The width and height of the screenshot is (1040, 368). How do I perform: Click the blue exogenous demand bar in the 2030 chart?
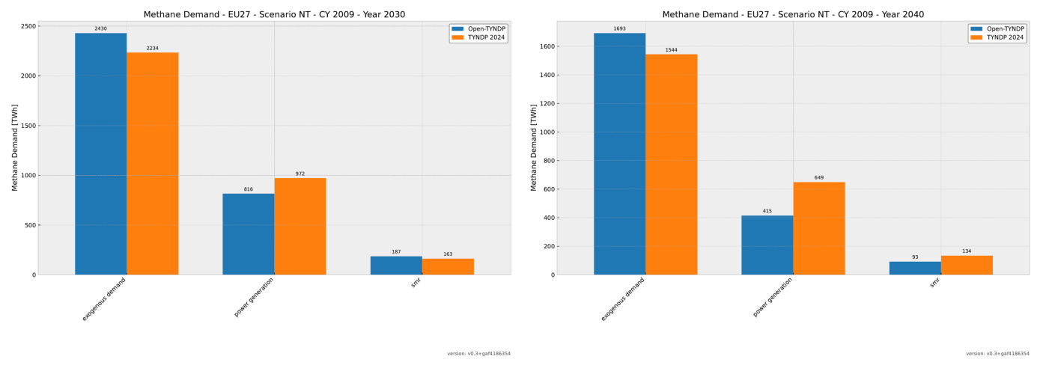tap(100, 153)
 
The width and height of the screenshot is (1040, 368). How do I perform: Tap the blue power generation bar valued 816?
tap(248, 234)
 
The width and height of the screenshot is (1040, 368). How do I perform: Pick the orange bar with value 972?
tap(299, 226)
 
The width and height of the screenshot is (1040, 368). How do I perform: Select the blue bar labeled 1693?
tap(619, 153)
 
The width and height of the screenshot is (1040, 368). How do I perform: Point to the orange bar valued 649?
tap(818, 228)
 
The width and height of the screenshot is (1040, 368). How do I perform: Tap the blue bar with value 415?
tap(767, 245)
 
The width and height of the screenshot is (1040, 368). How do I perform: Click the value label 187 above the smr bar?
tap(396, 252)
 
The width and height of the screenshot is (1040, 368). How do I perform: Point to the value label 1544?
tap(671, 50)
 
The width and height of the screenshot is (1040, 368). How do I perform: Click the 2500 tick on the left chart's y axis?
tap(28, 26)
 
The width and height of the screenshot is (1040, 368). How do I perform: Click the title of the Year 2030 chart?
tap(274, 14)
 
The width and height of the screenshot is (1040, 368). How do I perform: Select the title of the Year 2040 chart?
tap(793, 14)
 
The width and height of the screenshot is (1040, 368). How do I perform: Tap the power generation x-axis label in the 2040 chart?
tap(773, 297)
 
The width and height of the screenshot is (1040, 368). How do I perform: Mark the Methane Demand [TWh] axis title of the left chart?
tap(14, 147)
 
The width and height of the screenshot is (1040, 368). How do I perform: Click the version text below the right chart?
tap(997, 354)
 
